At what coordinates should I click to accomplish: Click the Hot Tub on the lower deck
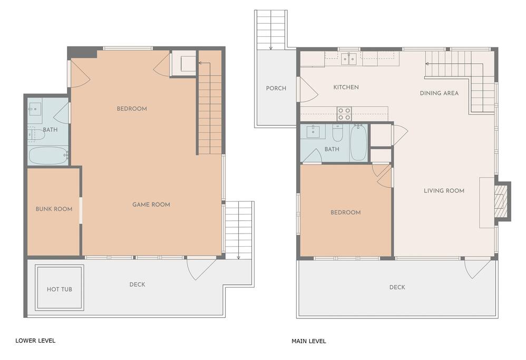tap(60, 288)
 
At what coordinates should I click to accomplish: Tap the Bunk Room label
tap(54, 209)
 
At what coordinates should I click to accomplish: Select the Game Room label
tap(151, 205)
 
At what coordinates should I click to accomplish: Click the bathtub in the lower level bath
tap(48, 155)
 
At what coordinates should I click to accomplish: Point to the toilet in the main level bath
tap(337, 133)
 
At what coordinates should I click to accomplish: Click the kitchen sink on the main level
tap(349, 59)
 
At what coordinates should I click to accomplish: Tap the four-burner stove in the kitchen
tap(344, 114)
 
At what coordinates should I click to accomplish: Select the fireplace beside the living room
tap(502, 201)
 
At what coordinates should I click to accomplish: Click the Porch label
tap(276, 88)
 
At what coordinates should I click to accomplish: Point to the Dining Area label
tap(439, 93)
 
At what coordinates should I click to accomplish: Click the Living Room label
tap(444, 191)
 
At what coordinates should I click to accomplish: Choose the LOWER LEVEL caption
tap(35, 340)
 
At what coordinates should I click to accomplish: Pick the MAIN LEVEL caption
tap(309, 341)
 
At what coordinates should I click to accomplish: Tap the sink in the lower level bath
tap(35, 109)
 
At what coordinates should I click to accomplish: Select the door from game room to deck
tap(201, 268)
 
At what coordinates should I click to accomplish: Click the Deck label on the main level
tap(397, 287)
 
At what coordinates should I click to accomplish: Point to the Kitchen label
tap(346, 87)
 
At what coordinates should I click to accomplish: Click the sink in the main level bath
tap(314, 132)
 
